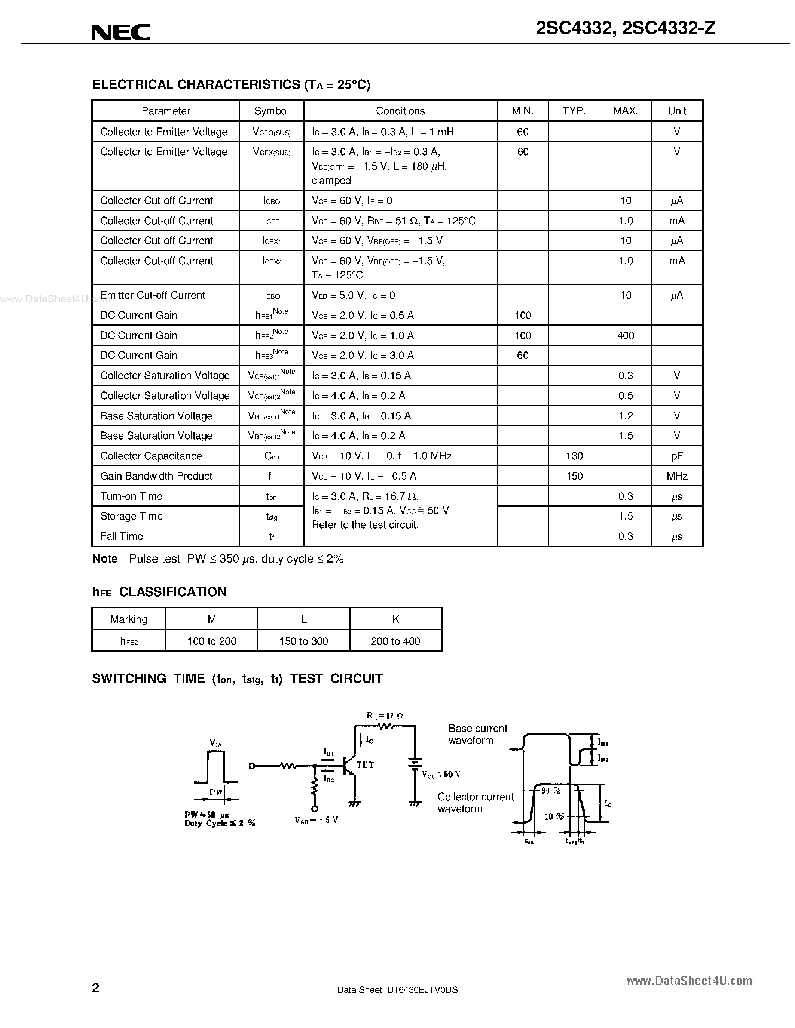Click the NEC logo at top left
click(x=121, y=32)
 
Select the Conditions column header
click(x=400, y=111)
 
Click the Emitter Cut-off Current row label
click(x=153, y=295)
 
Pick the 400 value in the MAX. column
click(x=626, y=336)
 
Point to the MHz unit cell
click(x=677, y=476)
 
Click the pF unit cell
click(x=677, y=456)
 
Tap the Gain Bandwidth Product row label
click(x=156, y=476)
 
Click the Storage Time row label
click(x=131, y=516)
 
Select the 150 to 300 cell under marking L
click(x=303, y=641)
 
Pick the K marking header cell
click(x=395, y=619)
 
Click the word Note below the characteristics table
click(x=104, y=559)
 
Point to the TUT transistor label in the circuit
click(x=365, y=765)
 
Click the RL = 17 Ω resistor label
click(x=385, y=716)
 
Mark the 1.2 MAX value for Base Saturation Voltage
click(x=626, y=416)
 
